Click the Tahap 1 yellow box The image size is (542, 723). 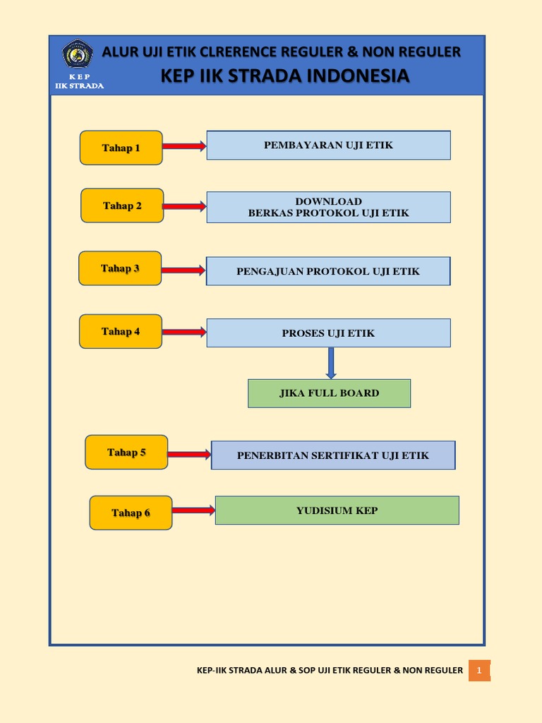coord(121,148)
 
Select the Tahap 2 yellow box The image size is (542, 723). coord(122,205)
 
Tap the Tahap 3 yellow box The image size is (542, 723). coord(120,268)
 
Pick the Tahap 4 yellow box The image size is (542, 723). coord(121,331)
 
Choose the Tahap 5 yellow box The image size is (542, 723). coord(126,452)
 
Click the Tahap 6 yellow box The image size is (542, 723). coord(131,513)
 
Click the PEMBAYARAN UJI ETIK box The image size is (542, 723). coord(328,145)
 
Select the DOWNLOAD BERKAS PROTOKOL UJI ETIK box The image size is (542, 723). coord(328,207)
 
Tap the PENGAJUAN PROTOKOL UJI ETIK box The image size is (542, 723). coord(328,271)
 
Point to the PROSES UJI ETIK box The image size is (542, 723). coord(328,333)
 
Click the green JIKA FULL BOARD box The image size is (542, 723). coord(329,393)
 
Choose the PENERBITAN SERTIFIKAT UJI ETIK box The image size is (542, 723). coord(333,455)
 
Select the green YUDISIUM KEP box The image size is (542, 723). coord(337,510)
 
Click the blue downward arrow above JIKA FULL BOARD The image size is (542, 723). coord(330,363)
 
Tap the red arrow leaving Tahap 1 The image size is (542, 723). coord(184,146)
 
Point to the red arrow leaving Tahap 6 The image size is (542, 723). coord(193,510)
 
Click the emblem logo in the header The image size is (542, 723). coord(78,54)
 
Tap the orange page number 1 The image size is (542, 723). coord(479,670)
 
